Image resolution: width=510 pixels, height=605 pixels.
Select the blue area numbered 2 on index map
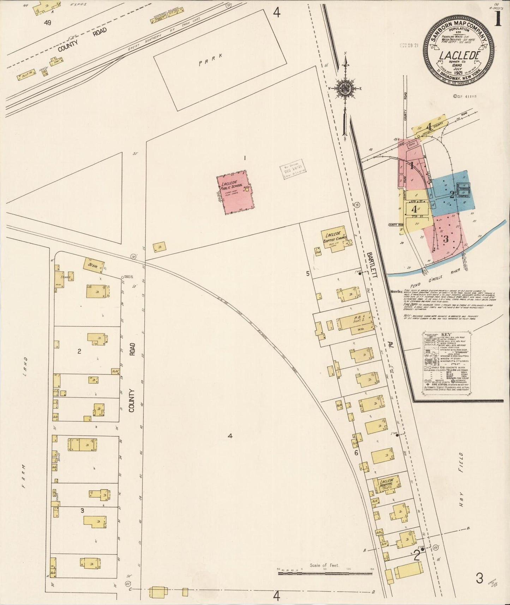tap(452, 194)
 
